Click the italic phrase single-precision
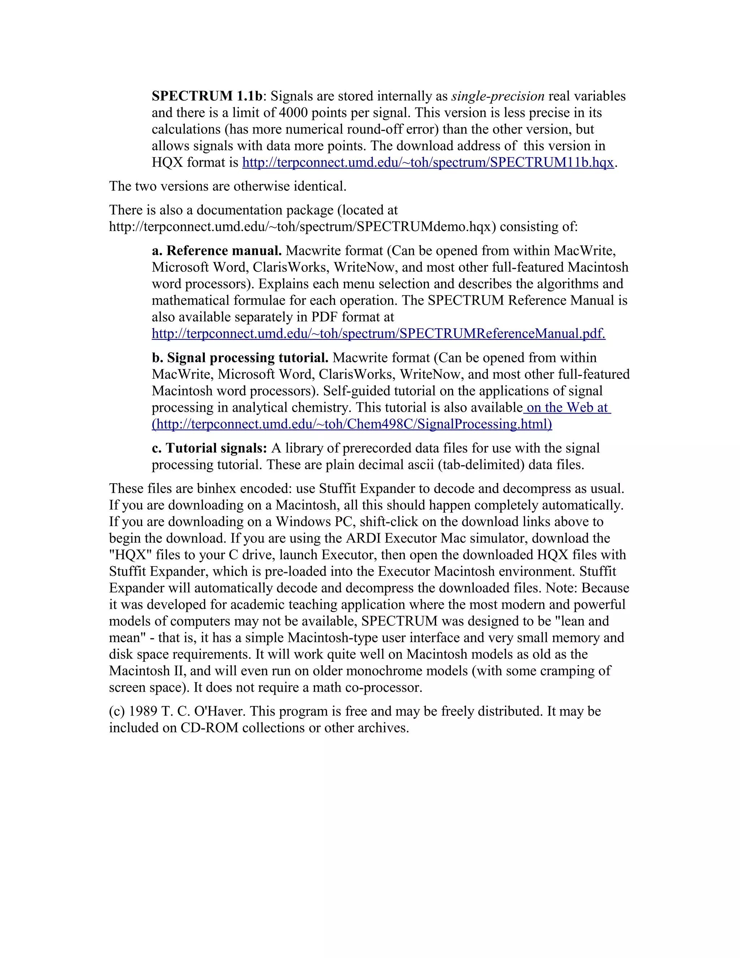click(x=498, y=96)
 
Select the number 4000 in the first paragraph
click(x=293, y=113)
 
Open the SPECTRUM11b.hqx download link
click(x=427, y=163)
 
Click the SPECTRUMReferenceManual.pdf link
click(x=378, y=334)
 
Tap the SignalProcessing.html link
click(x=352, y=424)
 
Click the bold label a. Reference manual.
click(x=216, y=251)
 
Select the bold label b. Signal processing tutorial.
click(x=240, y=358)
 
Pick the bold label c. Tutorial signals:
click(x=209, y=448)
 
